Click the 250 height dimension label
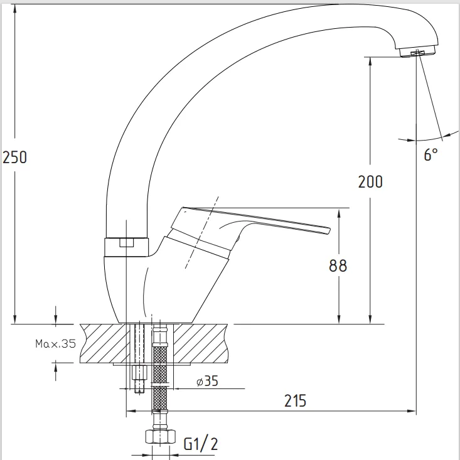(14, 157)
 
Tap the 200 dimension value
(370, 181)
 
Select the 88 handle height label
(338, 265)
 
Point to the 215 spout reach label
(295, 401)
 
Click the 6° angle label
(431, 154)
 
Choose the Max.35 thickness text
(55, 343)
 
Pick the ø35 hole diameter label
(208, 381)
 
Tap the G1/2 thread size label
(201, 444)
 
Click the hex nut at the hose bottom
(160, 436)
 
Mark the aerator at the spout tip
(417, 52)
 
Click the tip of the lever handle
(329, 230)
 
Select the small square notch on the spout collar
(126, 243)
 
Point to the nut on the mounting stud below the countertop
(139, 372)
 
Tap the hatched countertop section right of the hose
(201, 343)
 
